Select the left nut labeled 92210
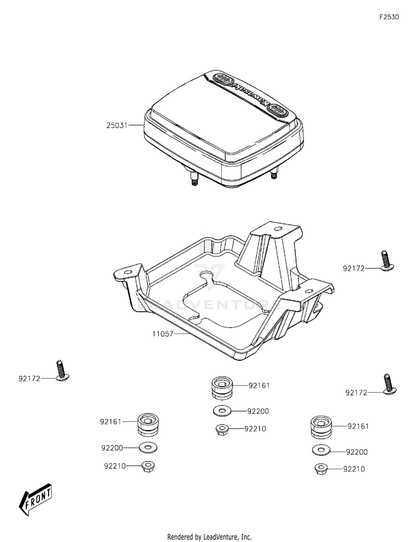point(148,465)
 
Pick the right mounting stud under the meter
point(274,175)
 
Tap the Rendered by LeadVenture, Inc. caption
point(209,536)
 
